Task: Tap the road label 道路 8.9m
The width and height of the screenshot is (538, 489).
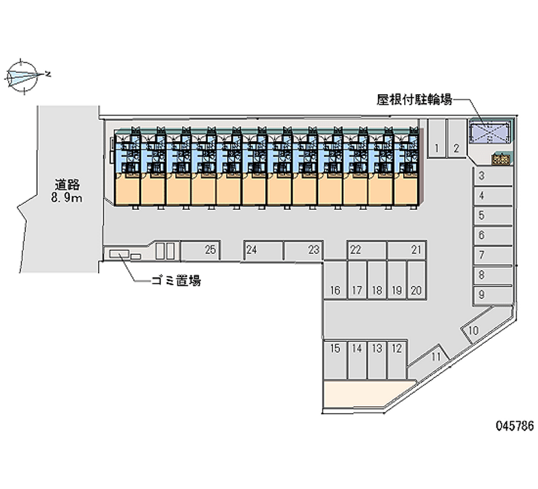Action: (x=69, y=191)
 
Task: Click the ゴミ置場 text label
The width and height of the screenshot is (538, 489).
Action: (x=176, y=281)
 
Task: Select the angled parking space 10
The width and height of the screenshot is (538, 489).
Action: (x=474, y=330)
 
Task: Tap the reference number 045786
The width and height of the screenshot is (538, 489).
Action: (x=514, y=426)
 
